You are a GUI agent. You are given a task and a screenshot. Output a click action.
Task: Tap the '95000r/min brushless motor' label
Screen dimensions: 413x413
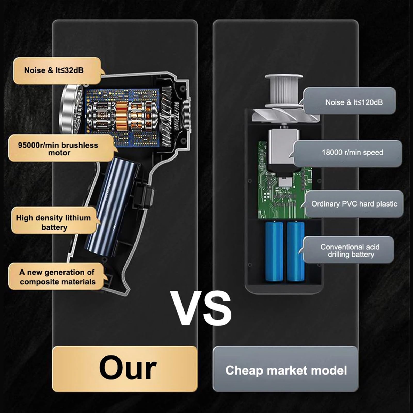click(61, 149)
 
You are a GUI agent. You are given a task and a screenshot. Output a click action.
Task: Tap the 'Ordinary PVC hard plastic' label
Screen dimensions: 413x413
click(354, 204)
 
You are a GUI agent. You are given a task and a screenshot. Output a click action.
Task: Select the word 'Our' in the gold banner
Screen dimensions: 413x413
click(128, 368)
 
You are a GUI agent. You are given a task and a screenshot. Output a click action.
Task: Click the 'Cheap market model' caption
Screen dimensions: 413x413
click(286, 370)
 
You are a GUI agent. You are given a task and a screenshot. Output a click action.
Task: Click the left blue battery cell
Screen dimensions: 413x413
click(274, 251)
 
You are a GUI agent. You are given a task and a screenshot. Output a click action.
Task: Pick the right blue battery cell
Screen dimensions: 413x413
click(296, 251)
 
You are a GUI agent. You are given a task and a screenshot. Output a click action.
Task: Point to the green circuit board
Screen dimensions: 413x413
click(284, 181)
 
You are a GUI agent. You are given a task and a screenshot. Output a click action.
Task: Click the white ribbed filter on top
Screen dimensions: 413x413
click(284, 90)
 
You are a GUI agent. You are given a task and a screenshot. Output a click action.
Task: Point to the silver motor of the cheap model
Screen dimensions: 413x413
click(283, 148)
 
